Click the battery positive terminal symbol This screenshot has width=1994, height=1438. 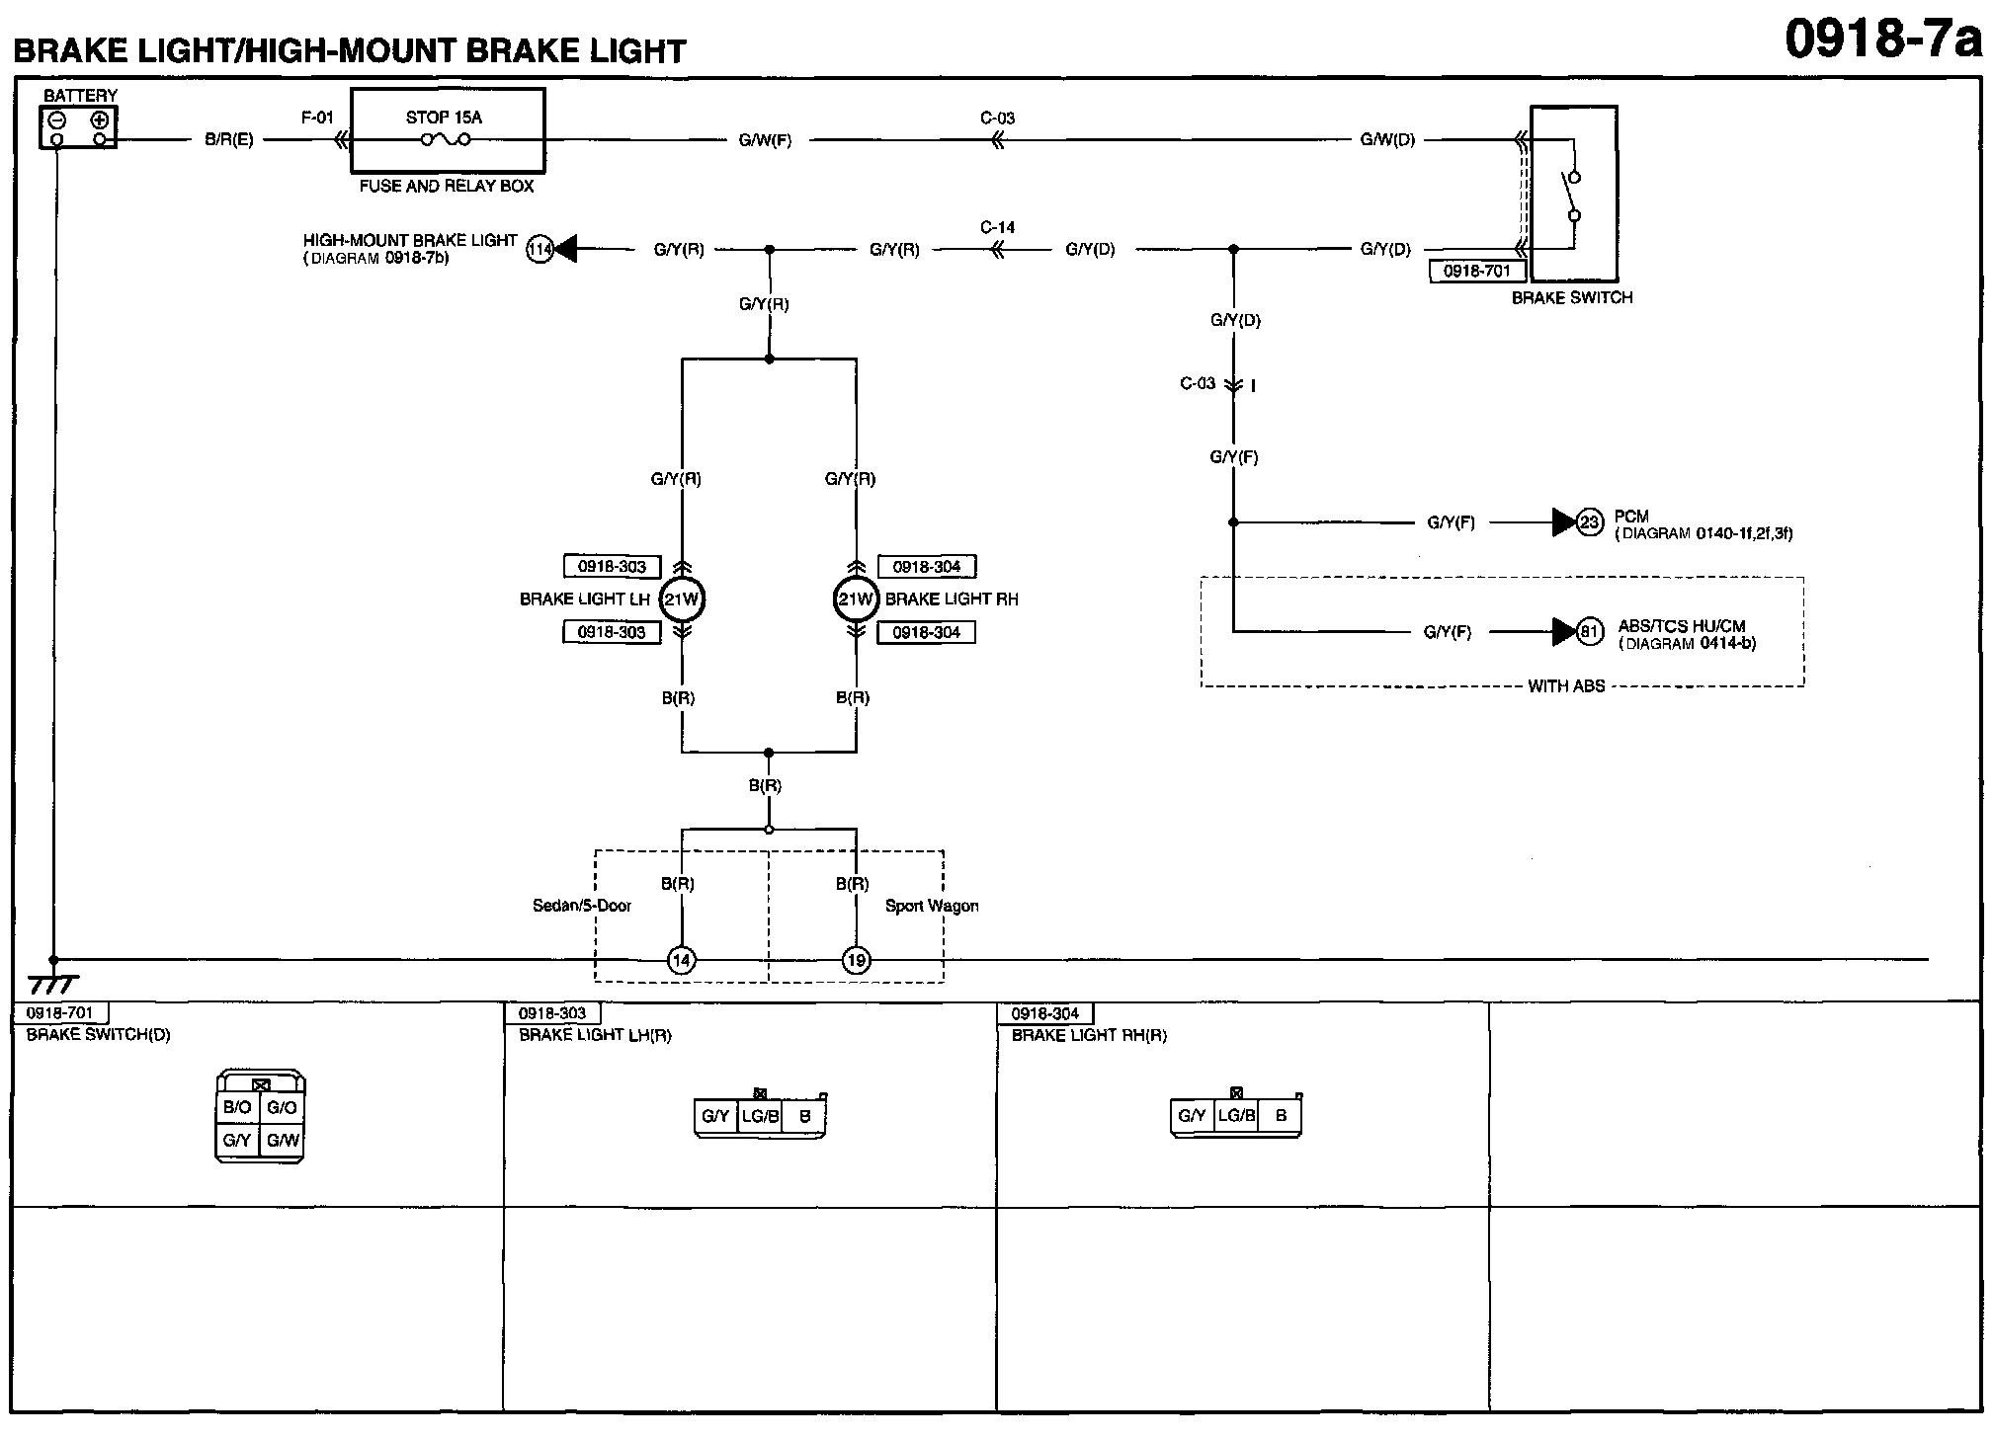point(99,120)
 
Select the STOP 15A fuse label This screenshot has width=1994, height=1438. point(444,118)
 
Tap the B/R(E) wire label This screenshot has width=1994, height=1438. point(229,140)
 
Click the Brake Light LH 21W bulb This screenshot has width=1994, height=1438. point(681,599)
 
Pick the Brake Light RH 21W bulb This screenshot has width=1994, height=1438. point(856,599)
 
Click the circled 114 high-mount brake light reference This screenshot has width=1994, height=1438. point(540,250)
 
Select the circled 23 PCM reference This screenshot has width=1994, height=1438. point(1589,522)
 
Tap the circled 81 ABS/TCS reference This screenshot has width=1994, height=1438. point(1589,631)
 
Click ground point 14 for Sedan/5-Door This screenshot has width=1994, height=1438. point(681,960)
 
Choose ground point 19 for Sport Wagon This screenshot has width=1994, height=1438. point(856,960)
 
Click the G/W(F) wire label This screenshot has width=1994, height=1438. point(766,140)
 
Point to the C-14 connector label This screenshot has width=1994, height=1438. point(998,227)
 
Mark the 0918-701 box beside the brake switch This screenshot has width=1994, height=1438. point(1477,271)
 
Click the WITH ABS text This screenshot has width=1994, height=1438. point(1566,686)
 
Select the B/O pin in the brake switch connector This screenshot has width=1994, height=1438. point(237,1108)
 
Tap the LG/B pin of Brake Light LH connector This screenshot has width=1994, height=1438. point(760,1117)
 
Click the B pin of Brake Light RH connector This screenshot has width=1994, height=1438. point(1281,1116)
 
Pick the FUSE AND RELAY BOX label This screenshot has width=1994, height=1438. point(447,186)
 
